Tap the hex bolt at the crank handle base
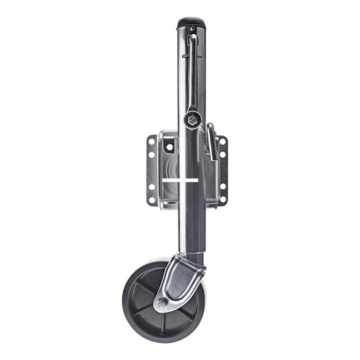192,120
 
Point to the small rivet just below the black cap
192,29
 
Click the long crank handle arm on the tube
192,71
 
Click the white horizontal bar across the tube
180,180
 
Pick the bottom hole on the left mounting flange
152,199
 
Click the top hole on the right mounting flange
223,142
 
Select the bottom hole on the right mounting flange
223,199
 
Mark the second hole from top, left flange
152,155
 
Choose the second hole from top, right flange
223,154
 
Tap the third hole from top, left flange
152,187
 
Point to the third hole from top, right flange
223,187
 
